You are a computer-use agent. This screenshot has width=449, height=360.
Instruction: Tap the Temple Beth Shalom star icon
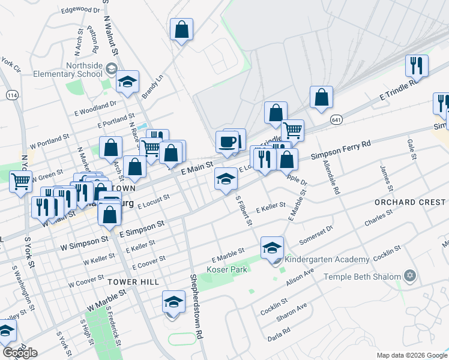click(411, 277)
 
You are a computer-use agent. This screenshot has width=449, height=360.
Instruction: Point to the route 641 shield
click(336, 121)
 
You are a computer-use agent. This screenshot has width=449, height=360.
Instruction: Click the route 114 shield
click(11, 95)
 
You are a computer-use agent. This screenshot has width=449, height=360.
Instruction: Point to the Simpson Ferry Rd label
click(341, 150)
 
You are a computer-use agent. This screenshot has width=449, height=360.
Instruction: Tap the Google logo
click(20, 353)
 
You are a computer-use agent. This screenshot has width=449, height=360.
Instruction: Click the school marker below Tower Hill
click(173, 301)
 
